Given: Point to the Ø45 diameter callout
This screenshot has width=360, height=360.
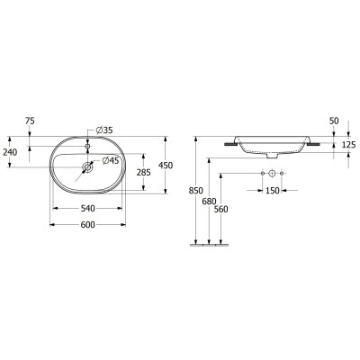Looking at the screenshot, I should tap(112, 160).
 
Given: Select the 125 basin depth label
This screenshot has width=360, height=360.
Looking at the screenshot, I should tap(347, 144).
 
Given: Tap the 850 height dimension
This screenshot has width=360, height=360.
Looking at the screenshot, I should tap(184, 191).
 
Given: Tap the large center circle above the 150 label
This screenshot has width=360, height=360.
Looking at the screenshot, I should tap(272, 173).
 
